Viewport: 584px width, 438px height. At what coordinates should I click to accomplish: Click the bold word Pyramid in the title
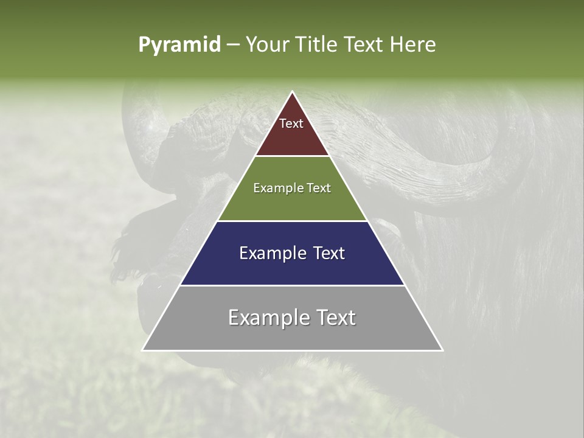pyautogui.click(x=179, y=44)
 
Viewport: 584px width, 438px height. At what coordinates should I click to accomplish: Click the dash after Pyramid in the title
pyautogui.click(x=233, y=45)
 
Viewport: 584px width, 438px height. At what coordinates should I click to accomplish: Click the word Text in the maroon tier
pyautogui.click(x=291, y=123)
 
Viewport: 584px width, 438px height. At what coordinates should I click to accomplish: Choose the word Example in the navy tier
pyautogui.click(x=271, y=253)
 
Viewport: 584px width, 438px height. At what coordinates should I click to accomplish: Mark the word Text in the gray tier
pyautogui.click(x=335, y=318)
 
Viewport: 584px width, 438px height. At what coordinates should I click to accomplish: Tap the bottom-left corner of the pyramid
pyautogui.click(x=143, y=350)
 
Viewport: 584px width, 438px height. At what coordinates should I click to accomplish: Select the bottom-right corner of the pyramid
pyautogui.click(x=442, y=350)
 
